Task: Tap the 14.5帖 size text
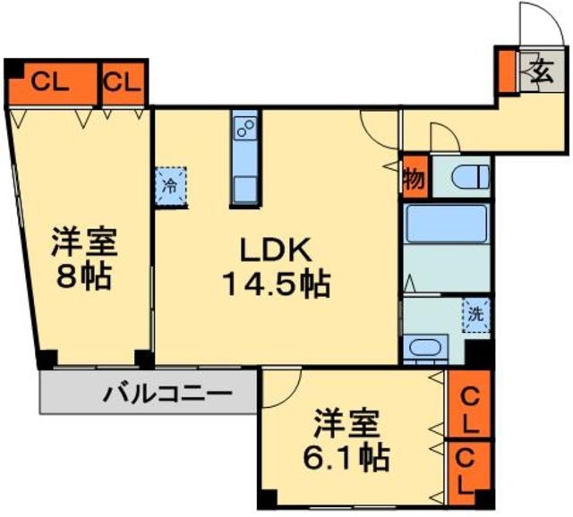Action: [275, 285]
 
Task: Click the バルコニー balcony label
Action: [167, 393]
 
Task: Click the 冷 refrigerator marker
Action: [170, 187]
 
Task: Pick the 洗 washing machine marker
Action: [476, 316]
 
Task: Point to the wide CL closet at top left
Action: [50, 82]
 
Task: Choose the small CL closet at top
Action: [122, 82]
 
